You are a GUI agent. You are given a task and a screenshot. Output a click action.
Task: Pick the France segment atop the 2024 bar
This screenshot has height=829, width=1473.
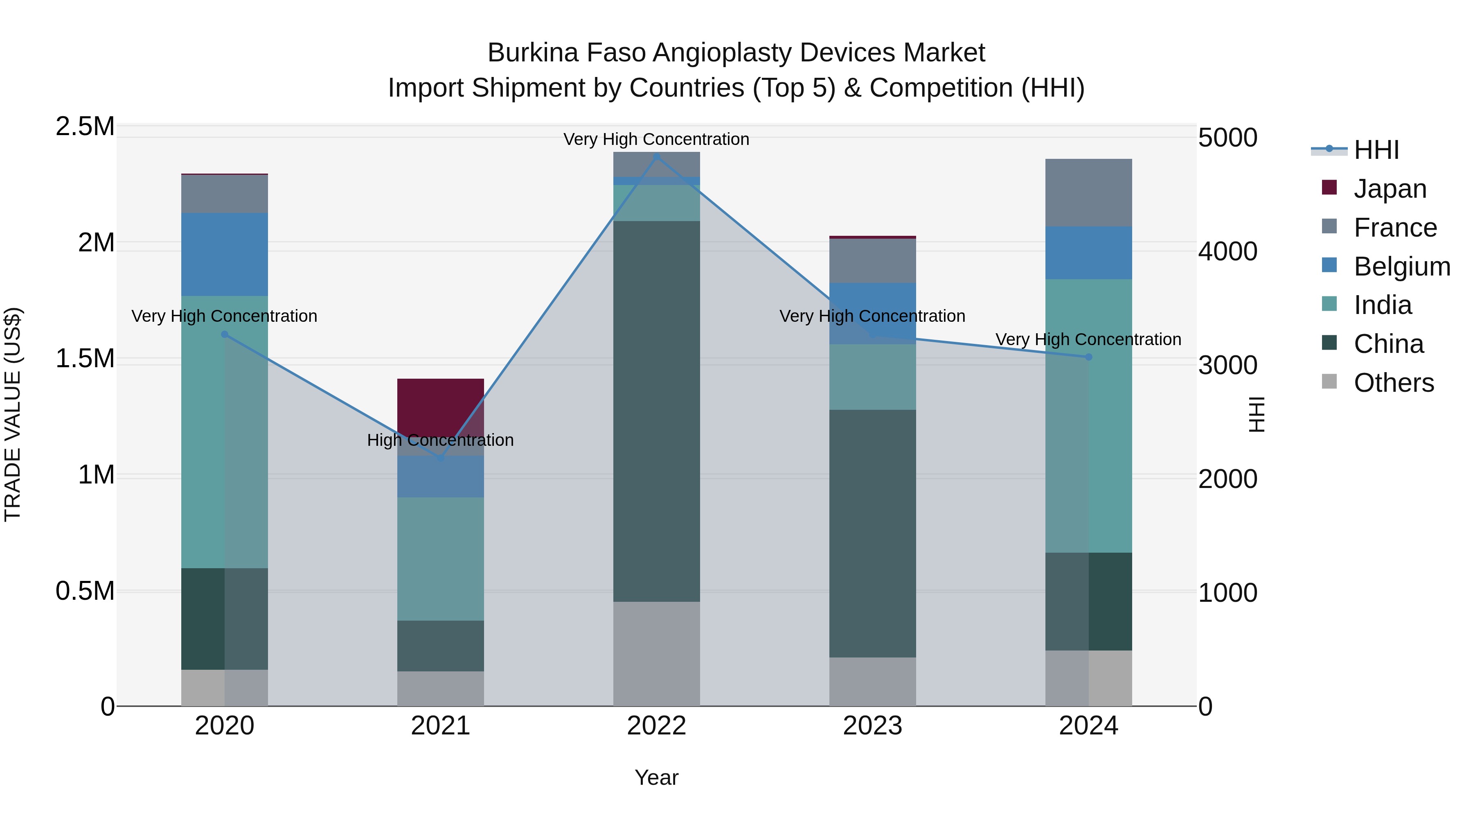(x=1088, y=192)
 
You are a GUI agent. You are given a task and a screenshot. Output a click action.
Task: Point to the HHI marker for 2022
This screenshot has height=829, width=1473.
(x=656, y=156)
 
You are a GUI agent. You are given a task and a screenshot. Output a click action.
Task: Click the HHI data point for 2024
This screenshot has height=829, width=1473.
(x=1088, y=357)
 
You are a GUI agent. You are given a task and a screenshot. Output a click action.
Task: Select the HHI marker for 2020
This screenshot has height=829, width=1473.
(x=224, y=335)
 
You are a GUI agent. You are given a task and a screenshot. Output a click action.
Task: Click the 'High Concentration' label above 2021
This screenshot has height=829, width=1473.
(x=440, y=440)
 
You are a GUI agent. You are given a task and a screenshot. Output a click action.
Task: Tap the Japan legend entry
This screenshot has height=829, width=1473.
(x=1390, y=189)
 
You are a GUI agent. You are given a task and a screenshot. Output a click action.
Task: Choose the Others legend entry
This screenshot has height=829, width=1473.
(x=1394, y=383)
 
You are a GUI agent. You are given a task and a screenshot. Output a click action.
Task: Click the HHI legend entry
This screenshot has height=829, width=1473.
(x=1376, y=150)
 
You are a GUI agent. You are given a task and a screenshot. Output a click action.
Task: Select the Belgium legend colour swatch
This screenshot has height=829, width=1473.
(x=1329, y=265)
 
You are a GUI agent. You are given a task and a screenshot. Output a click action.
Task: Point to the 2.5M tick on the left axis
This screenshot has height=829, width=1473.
(x=85, y=126)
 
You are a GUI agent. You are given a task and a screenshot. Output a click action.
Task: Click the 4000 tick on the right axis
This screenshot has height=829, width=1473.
(x=1227, y=251)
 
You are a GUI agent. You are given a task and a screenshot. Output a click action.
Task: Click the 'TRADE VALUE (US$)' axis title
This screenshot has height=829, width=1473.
(x=13, y=414)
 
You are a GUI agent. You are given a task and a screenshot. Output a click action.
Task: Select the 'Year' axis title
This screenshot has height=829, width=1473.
(x=656, y=777)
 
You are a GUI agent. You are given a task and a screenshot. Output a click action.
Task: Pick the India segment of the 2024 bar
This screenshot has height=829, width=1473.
(x=1088, y=416)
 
